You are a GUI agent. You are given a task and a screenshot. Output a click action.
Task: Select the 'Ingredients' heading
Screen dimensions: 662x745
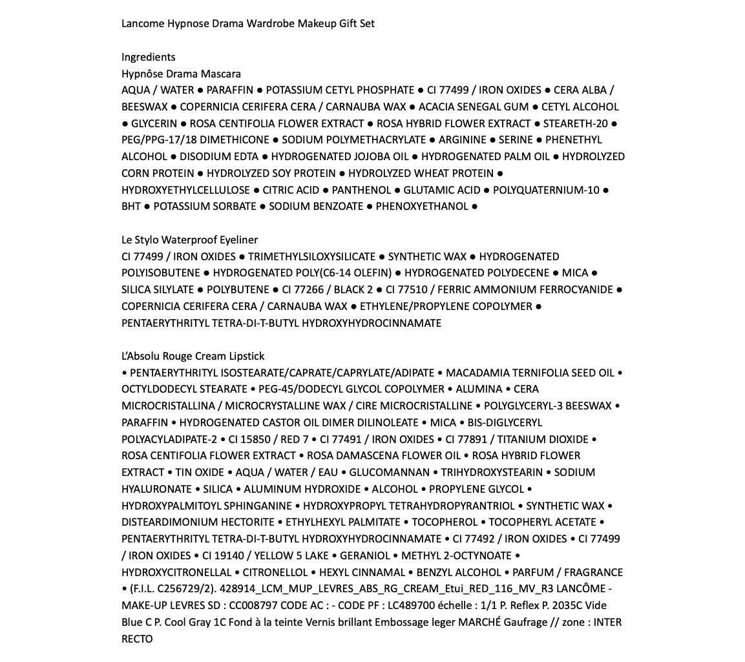148,57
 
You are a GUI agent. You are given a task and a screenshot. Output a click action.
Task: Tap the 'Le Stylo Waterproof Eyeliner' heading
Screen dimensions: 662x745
189,240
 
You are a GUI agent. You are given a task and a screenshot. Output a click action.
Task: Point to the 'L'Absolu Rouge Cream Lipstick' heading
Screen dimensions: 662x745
193,356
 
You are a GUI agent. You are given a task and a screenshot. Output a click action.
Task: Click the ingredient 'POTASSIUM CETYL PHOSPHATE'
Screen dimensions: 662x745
340,90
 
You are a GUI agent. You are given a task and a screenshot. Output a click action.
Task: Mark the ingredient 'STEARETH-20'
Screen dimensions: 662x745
575,123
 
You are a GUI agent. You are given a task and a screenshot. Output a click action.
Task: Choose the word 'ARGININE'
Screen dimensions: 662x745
462,140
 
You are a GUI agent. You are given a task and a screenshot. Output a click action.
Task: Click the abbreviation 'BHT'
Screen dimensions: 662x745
131,207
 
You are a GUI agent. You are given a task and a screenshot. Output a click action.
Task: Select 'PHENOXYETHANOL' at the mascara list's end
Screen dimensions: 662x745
422,207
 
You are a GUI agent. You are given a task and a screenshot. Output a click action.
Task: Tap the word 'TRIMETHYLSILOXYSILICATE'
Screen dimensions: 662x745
311,256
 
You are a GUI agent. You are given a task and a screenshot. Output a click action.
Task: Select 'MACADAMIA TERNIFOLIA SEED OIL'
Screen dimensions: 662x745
530,373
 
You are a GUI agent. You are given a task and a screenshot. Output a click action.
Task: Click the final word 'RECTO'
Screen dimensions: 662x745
137,639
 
